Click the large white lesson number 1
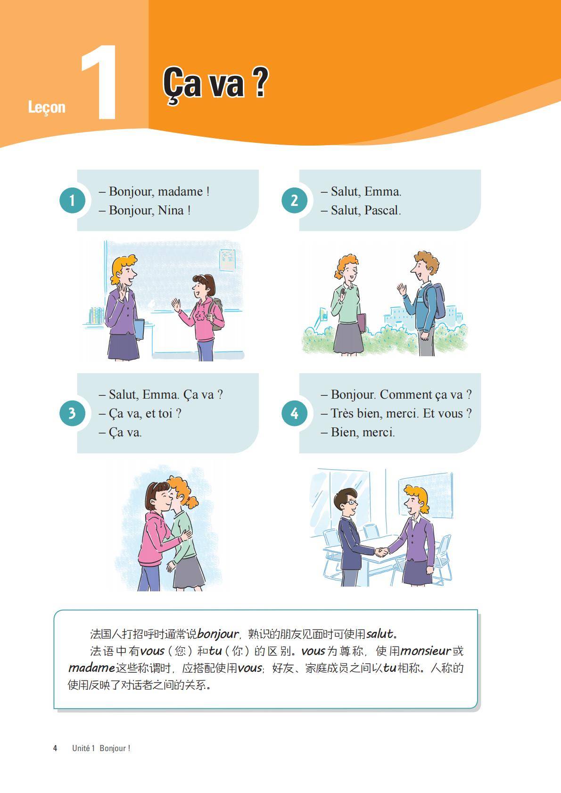[x=100, y=82]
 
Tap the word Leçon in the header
[x=47, y=107]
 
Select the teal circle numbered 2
[x=294, y=200]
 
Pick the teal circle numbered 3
[x=72, y=413]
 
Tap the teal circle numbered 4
[x=294, y=413]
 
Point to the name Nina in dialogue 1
[x=171, y=210]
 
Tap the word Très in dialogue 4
[x=342, y=413]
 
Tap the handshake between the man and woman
[x=382, y=551]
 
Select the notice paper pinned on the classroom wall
[x=227, y=260]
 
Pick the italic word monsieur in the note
[x=425, y=651]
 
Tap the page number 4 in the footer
[x=55, y=748]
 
